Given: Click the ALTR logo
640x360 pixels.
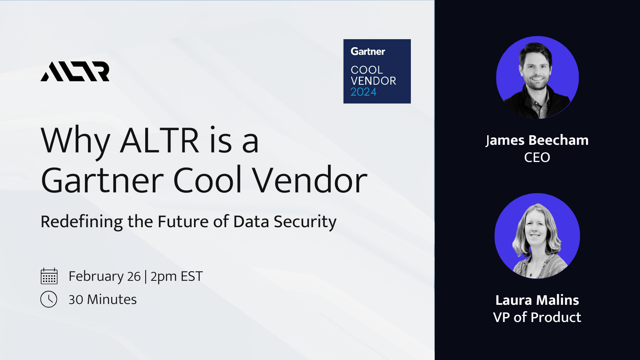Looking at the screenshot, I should tap(75, 72).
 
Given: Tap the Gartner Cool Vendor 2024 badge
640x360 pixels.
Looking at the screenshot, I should tap(377, 71).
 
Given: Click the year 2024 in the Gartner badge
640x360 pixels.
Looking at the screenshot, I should tap(363, 92).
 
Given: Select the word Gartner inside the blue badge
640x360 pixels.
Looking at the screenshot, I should tap(368, 52).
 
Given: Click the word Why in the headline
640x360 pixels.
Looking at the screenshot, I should tap(75, 141).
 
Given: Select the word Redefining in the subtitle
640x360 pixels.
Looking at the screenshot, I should tap(82, 222).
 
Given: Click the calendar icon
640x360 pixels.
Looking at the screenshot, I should tap(49, 276).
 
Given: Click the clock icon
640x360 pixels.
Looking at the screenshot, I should tap(49, 299).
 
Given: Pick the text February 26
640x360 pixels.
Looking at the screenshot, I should tap(104, 276).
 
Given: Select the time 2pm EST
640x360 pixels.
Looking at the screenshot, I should tap(176, 276).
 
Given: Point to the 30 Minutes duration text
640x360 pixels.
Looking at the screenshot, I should tap(102, 300).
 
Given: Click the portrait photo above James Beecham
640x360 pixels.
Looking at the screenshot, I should tap(537, 78).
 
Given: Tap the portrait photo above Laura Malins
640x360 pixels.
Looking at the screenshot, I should tap(537, 236).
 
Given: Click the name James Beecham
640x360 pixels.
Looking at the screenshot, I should tap(537, 140).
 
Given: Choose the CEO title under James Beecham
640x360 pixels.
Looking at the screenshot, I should tap(537, 158).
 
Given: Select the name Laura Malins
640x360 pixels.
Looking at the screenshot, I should tap(537, 300).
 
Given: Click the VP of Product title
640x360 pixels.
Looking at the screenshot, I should tap(537, 317).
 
